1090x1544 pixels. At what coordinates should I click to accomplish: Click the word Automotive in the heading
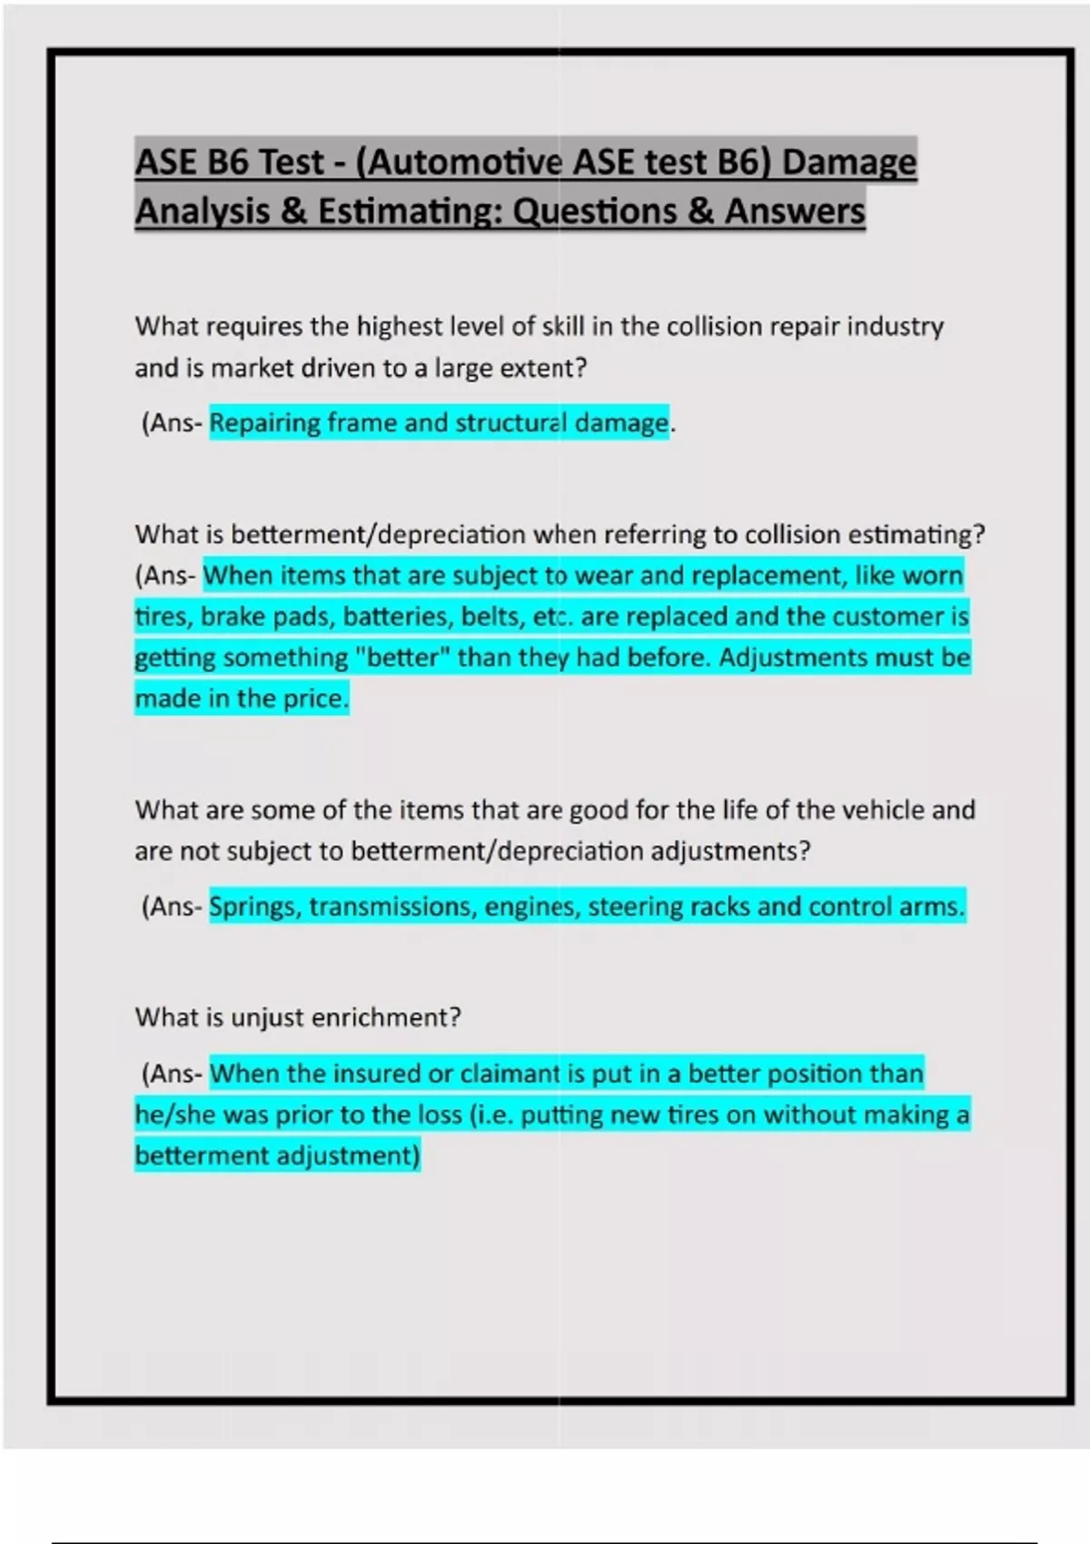pos(466,163)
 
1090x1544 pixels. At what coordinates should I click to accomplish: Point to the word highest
pos(399,326)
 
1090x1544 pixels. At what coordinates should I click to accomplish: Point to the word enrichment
pos(386,1017)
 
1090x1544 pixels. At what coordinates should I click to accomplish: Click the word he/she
pos(175,1114)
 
